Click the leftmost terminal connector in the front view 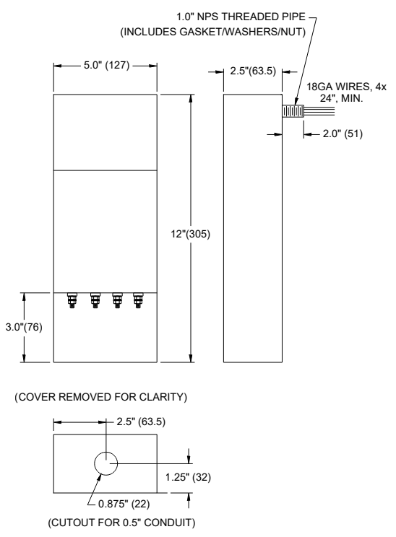click(73, 298)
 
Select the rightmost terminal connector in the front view click(138, 298)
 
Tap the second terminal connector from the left click(95, 298)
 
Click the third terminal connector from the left click(116, 298)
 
